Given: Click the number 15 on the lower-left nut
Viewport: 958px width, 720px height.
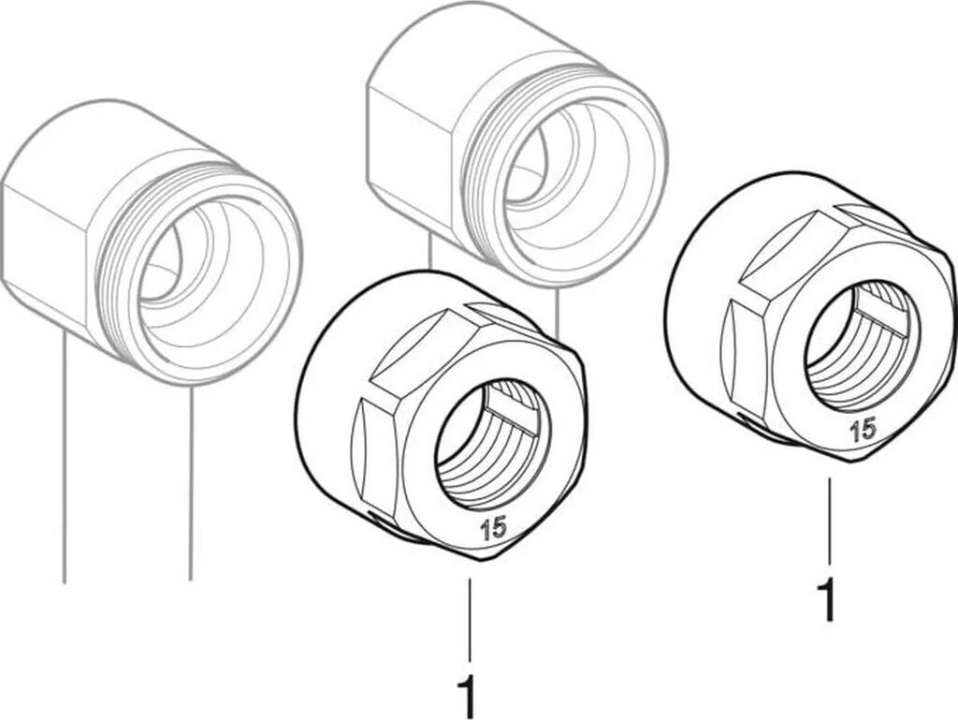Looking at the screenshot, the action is [493, 527].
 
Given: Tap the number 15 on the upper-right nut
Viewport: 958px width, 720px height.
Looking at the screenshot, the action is [863, 430].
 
